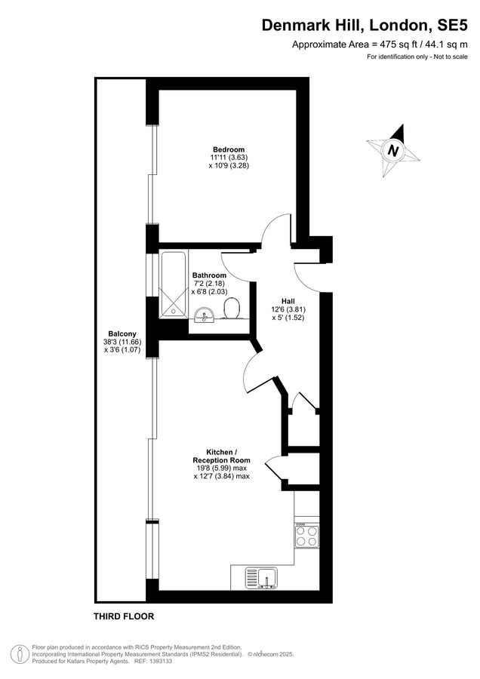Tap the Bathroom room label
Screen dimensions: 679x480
pyautogui.click(x=209, y=275)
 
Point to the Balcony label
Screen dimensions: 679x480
pyautogui.click(x=122, y=333)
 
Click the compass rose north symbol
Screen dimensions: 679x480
pyautogui.click(x=392, y=150)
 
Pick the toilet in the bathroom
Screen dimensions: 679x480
pyautogui.click(x=232, y=308)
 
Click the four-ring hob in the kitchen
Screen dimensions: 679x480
pyautogui.click(x=306, y=536)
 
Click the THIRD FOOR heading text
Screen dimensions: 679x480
pyautogui.click(x=124, y=616)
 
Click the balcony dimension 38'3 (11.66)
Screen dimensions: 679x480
pyautogui.click(x=122, y=342)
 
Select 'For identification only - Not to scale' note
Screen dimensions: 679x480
pyautogui.click(x=417, y=57)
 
